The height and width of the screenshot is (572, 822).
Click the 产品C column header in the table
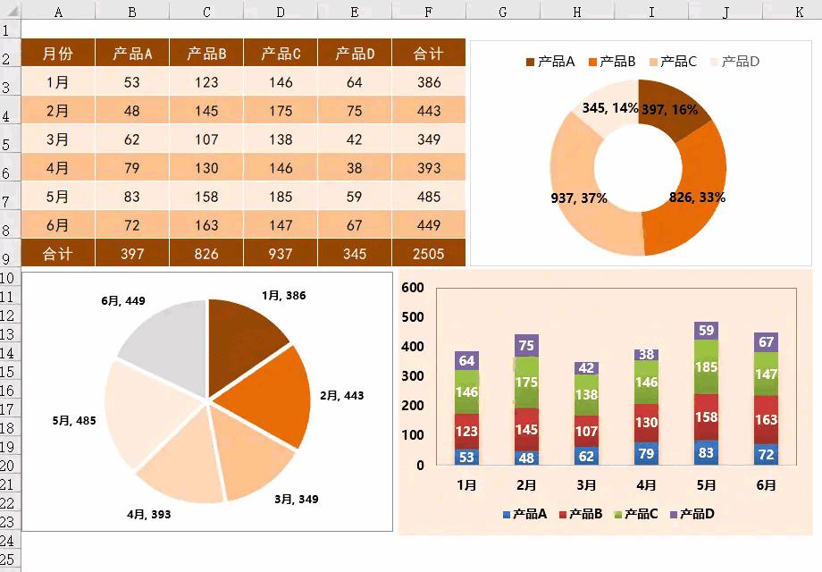281,54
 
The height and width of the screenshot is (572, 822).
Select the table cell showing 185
281,197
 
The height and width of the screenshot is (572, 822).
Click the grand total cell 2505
429,254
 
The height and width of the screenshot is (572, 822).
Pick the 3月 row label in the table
58,139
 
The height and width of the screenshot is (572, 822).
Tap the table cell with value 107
206,139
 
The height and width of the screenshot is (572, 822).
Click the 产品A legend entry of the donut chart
549,62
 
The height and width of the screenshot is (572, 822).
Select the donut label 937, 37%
579,198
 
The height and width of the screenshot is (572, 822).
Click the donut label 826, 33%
697,198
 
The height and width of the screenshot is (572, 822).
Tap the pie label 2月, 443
341,395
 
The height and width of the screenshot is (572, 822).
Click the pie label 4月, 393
148,515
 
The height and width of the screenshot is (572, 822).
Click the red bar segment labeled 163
766,420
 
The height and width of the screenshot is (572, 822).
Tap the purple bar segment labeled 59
706,331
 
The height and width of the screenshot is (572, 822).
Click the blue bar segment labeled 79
646,453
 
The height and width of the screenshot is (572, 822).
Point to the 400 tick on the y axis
413,347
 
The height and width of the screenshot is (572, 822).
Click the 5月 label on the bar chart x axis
706,485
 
